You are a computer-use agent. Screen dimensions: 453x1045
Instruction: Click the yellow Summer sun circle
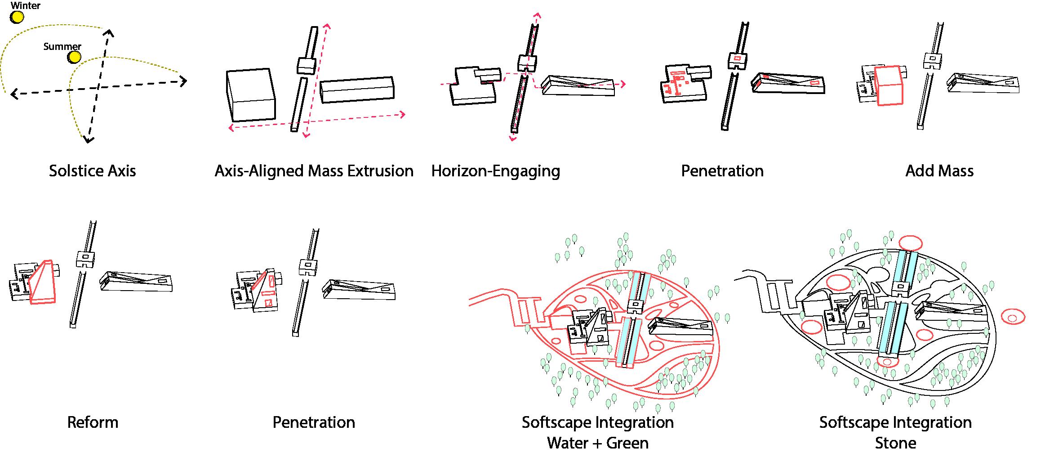[74, 57]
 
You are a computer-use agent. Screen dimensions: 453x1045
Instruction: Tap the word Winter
[26, 6]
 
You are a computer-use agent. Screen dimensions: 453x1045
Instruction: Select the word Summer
[62, 46]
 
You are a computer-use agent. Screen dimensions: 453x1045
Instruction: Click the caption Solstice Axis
[92, 171]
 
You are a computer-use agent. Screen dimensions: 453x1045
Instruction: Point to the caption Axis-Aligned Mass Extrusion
[314, 171]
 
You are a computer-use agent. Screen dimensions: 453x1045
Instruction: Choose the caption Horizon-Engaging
[495, 171]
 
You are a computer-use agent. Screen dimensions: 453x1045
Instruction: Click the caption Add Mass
[939, 171]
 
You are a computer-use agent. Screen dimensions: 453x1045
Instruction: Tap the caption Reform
[93, 422]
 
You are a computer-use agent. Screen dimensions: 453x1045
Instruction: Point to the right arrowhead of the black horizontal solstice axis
[183, 81]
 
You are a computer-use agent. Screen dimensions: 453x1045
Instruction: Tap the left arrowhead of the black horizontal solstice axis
[14, 94]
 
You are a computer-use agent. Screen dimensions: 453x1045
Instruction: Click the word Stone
[895, 443]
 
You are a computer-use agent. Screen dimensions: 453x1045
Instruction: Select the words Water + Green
[597, 443]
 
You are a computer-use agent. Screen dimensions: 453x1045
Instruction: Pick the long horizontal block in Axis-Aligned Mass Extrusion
[357, 90]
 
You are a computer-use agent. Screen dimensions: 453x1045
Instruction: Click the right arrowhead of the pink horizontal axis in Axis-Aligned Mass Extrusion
[402, 115]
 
